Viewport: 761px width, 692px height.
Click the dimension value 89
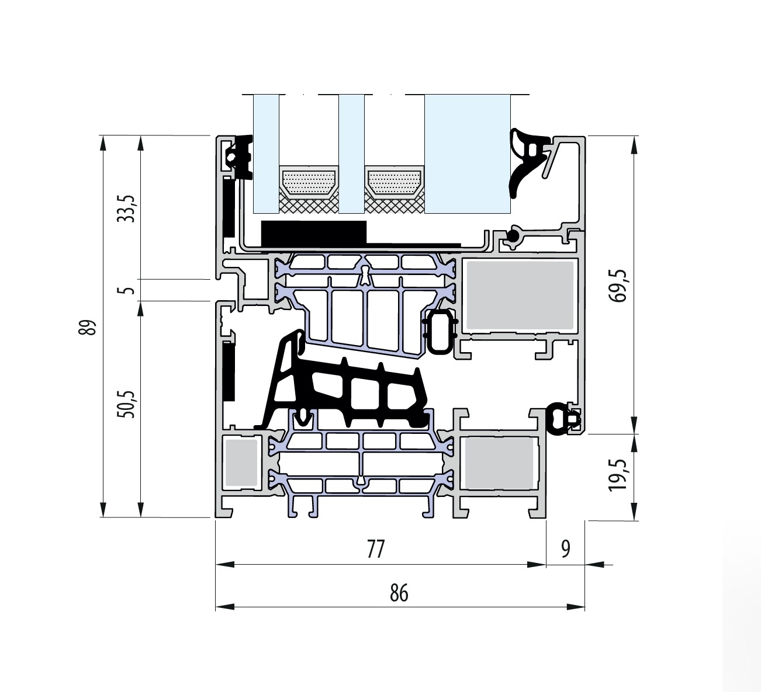(87, 327)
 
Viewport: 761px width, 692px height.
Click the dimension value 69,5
(618, 286)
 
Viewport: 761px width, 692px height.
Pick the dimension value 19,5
(618, 475)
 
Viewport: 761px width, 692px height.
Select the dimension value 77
(376, 549)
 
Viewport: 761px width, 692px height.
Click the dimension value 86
(399, 593)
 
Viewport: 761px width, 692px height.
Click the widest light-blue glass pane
(467, 154)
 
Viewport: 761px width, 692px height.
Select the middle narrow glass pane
(351, 154)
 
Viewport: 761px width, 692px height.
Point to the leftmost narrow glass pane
(266, 154)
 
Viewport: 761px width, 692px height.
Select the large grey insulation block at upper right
(520, 295)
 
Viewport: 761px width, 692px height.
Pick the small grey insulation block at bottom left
(241, 463)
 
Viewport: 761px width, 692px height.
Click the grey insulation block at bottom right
(499, 463)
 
